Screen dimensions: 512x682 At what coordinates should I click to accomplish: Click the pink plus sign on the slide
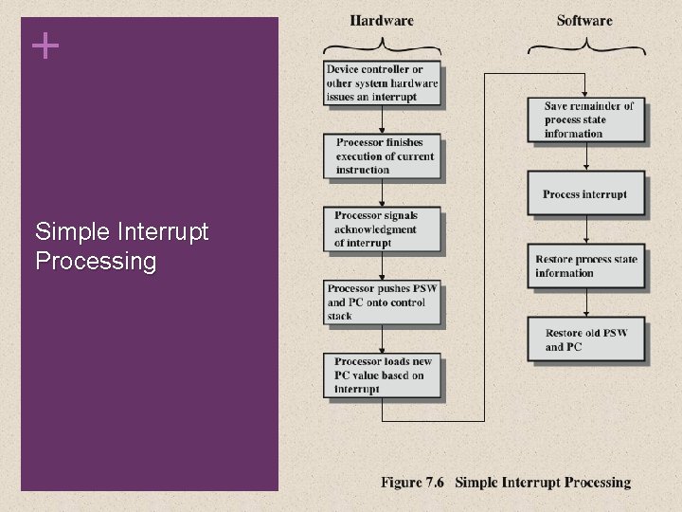45,45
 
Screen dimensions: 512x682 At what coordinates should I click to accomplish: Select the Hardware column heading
382,20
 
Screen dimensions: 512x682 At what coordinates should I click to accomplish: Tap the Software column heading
584,20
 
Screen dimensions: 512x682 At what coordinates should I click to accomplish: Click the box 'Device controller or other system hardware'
382,82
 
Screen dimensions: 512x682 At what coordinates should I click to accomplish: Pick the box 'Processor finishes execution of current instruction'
385,156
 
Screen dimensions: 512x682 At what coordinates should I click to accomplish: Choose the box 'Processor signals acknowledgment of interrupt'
383,229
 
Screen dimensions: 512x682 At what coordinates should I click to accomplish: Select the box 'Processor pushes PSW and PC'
383,302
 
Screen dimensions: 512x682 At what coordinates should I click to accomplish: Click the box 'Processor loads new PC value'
383,375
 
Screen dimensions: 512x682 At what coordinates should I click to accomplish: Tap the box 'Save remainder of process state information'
587,119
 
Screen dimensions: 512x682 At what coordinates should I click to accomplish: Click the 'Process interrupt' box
585,194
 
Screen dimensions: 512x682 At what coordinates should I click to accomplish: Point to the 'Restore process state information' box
585,266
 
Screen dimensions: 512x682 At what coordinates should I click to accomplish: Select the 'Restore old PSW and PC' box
585,339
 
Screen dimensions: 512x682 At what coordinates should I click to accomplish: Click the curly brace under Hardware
382,46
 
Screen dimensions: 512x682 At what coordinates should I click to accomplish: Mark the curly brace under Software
584,46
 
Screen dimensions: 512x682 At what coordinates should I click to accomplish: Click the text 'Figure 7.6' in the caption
414,483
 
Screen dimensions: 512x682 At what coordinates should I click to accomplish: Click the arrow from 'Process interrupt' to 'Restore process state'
586,230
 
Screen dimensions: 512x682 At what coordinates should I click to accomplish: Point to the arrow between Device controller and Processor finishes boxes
382,119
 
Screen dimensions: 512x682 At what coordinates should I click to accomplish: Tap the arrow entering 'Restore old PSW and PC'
586,303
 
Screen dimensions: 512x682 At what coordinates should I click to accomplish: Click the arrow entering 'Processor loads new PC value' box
382,338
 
